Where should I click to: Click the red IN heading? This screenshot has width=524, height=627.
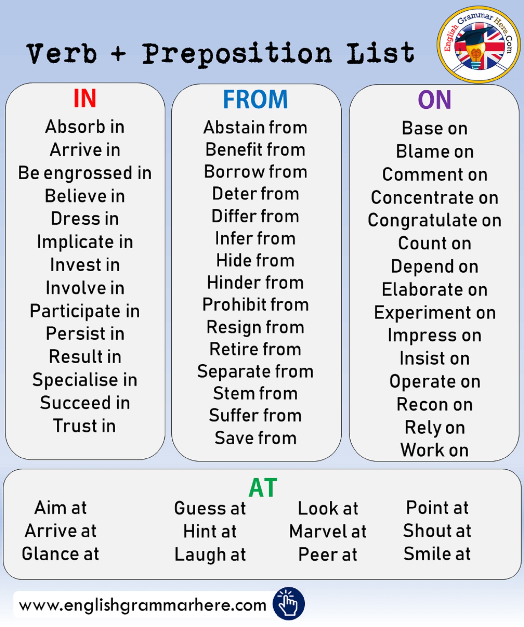pyautogui.click(x=85, y=99)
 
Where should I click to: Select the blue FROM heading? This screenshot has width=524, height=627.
pyautogui.click(x=255, y=100)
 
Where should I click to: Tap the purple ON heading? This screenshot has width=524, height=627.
pyautogui.click(x=434, y=100)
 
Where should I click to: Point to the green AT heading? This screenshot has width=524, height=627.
pyautogui.click(x=263, y=488)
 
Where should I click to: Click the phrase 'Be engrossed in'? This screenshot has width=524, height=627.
pyautogui.click(x=85, y=173)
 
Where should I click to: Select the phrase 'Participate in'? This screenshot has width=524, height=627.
pyautogui.click(x=85, y=311)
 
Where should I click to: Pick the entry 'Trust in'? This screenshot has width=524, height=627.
pyautogui.click(x=85, y=426)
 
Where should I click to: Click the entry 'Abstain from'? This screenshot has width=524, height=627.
pyautogui.click(x=255, y=127)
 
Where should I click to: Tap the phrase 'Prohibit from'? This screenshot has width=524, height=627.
pyautogui.click(x=255, y=305)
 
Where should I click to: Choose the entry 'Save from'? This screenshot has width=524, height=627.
pyautogui.click(x=255, y=438)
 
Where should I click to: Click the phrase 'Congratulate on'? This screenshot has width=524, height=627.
pyautogui.click(x=434, y=220)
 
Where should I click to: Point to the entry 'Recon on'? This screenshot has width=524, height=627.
pyautogui.click(x=434, y=404)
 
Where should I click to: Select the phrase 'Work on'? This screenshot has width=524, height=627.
pyautogui.click(x=434, y=450)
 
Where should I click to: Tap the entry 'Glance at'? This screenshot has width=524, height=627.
pyautogui.click(x=61, y=554)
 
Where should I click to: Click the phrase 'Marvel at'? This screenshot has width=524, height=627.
pyautogui.click(x=328, y=532)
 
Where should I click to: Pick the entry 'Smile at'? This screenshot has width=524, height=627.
pyautogui.click(x=437, y=554)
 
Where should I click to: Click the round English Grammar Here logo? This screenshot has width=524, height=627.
pyautogui.click(x=478, y=45)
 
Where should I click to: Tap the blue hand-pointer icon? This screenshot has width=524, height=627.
pyautogui.click(x=289, y=604)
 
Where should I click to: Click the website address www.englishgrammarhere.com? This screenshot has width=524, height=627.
pyautogui.click(x=143, y=605)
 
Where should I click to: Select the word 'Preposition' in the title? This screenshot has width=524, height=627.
pyautogui.click(x=237, y=54)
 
